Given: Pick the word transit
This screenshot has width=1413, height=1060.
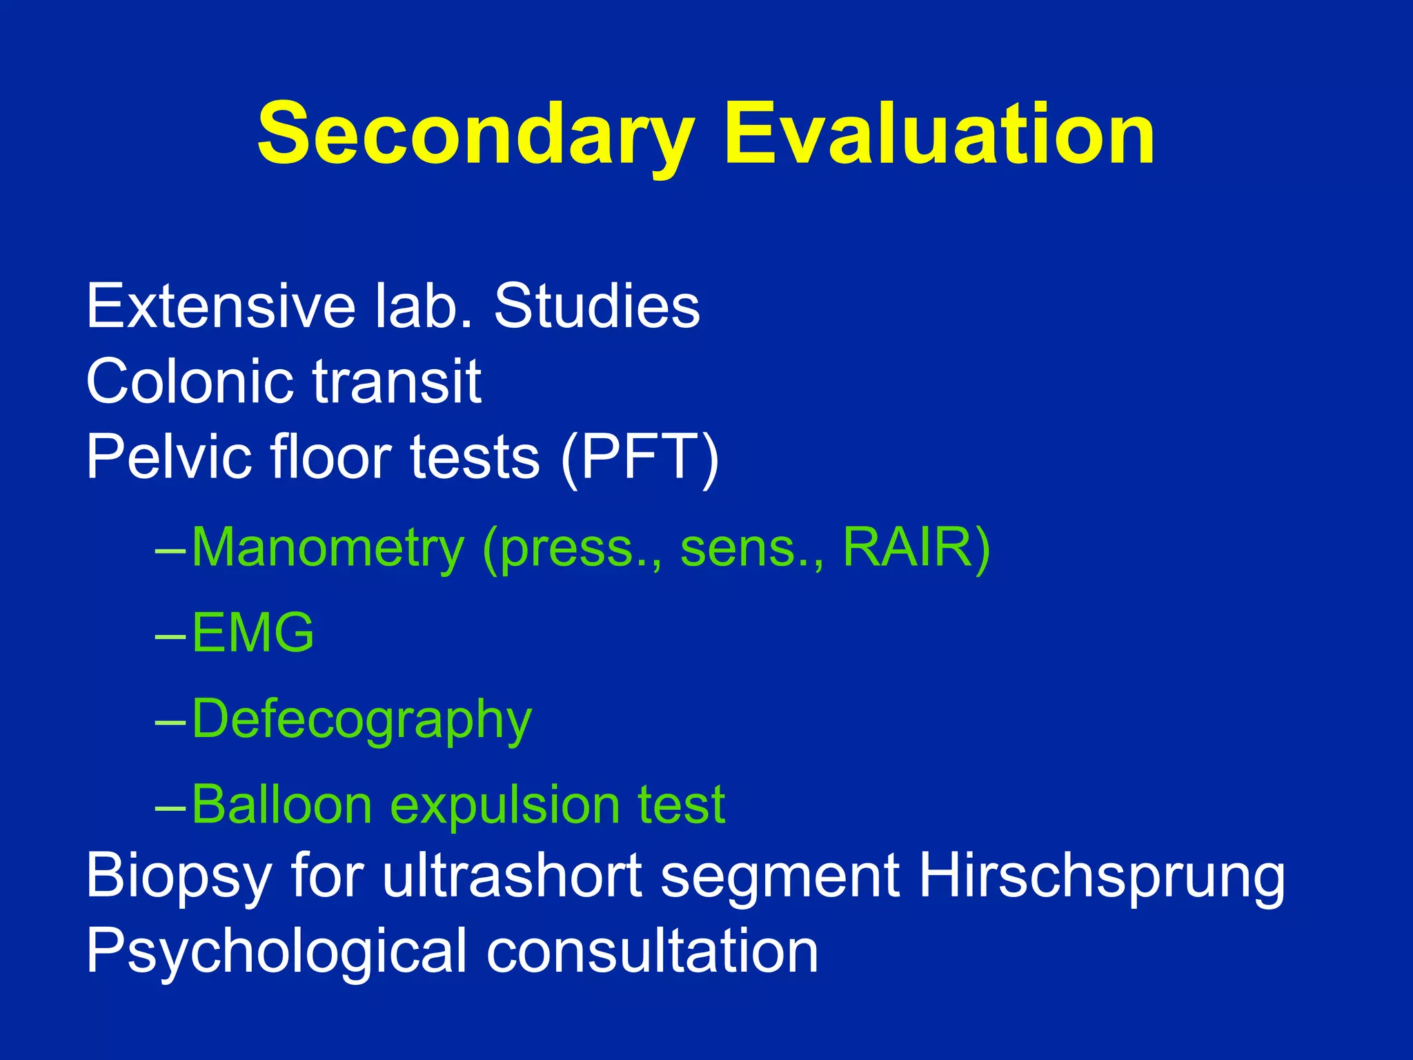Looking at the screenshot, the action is tap(397, 381).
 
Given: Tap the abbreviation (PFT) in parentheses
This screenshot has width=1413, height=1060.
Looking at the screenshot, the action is tap(640, 458).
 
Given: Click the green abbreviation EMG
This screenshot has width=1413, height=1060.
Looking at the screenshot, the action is tap(253, 633).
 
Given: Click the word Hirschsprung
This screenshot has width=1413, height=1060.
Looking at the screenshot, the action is tap(1102, 879).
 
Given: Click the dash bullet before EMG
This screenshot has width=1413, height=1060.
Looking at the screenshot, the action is tap(170, 636).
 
